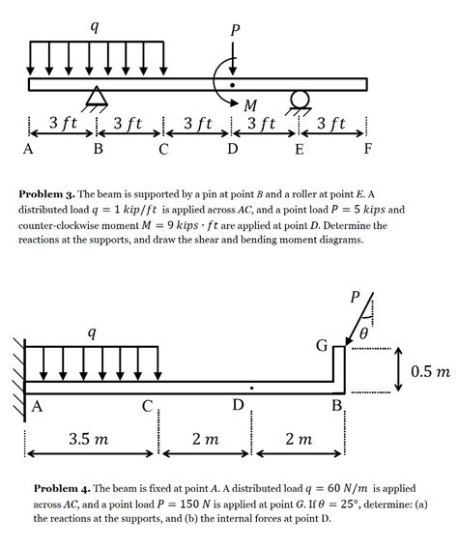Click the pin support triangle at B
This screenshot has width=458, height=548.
pyautogui.click(x=97, y=96)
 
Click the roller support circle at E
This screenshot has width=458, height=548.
pyautogui.click(x=299, y=98)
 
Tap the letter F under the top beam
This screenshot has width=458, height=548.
pyautogui.click(x=368, y=149)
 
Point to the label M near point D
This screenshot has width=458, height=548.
pyautogui.click(x=251, y=104)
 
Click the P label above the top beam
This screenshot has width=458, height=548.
pyautogui.click(x=233, y=30)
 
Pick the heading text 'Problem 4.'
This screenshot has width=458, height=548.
pyautogui.click(x=62, y=489)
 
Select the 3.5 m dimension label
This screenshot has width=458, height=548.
pyautogui.click(x=89, y=440)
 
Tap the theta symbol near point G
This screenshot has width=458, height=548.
pyautogui.click(x=363, y=333)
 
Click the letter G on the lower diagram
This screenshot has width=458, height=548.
pyautogui.click(x=322, y=345)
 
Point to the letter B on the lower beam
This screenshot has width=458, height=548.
pyautogui.click(x=337, y=406)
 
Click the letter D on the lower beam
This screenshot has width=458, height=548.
pyautogui.click(x=238, y=404)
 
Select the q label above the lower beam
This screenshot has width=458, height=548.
pyautogui.click(x=92, y=332)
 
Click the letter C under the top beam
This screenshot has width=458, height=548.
pyautogui.click(x=163, y=149)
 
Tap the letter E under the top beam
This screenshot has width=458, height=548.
pyautogui.click(x=300, y=149)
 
